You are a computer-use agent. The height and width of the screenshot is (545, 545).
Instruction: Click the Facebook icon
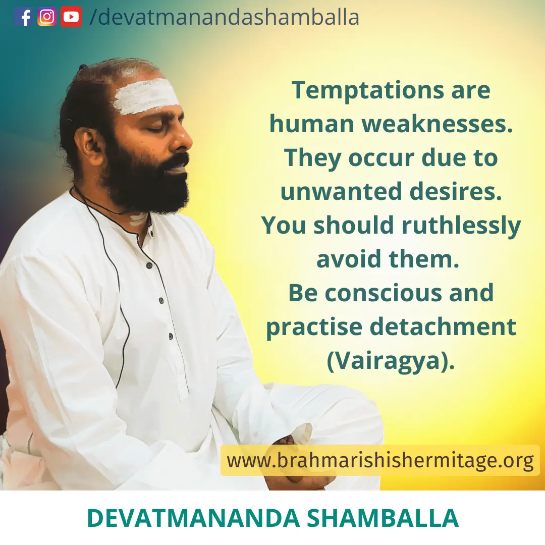(x=24, y=17)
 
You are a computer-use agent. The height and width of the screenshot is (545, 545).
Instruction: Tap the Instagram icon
(x=47, y=17)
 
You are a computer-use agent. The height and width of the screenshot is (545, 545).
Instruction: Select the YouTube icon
(x=71, y=17)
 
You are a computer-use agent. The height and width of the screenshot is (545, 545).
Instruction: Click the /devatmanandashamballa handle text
(x=224, y=17)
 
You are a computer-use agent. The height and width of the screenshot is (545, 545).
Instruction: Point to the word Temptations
(x=368, y=91)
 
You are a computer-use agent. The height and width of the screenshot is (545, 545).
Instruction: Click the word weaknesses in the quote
(x=438, y=124)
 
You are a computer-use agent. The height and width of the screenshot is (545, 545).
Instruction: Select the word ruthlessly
(x=461, y=226)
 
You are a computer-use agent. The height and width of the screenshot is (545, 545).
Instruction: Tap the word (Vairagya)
(x=391, y=361)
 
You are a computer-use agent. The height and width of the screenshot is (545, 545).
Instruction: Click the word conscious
(x=384, y=293)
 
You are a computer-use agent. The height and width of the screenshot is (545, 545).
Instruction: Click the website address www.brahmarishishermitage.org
(x=380, y=461)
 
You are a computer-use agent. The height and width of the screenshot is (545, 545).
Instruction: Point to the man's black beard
(x=146, y=181)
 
